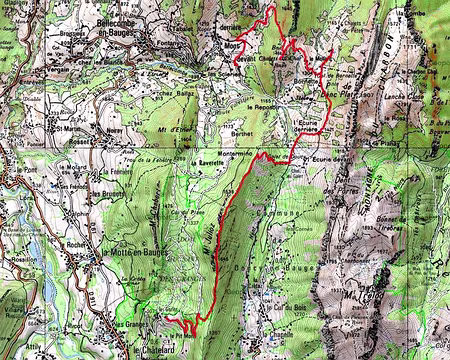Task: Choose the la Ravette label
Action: [206, 158]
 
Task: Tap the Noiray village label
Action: [111, 129]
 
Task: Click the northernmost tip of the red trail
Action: [272, 5]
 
